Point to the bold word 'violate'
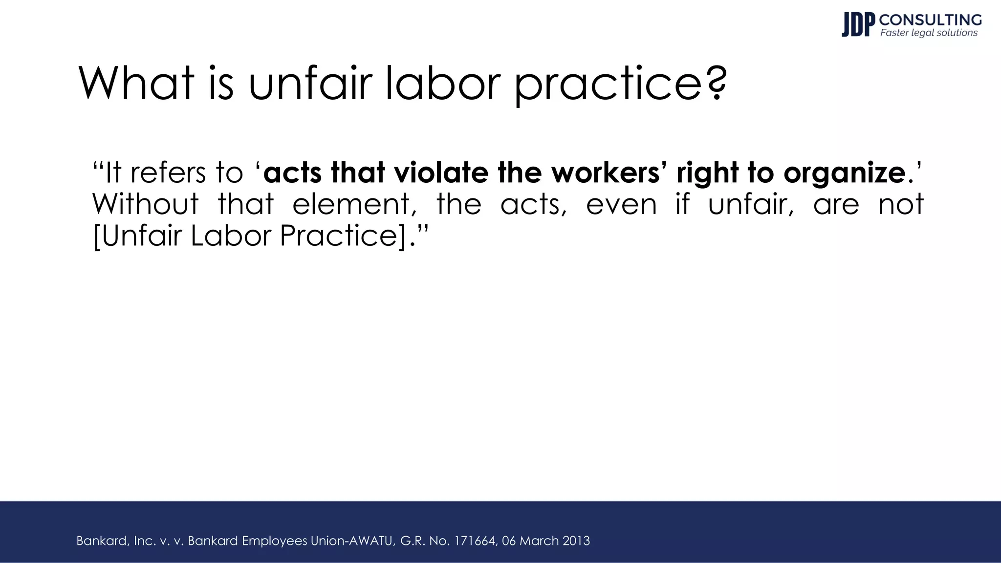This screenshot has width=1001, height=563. pyautogui.click(x=441, y=173)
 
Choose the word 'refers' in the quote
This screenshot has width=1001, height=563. pyautogui.click(x=168, y=173)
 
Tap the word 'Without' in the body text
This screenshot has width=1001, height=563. pyautogui.click(x=146, y=204)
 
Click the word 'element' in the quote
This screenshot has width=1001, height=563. pyautogui.click(x=354, y=204)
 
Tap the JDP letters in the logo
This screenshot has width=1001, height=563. pyautogui.click(x=858, y=25)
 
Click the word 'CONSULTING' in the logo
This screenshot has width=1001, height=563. pyautogui.click(x=930, y=20)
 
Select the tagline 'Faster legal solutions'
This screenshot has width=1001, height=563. pyautogui.click(x=929, y=33)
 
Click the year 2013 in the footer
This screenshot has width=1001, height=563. pyautogui.click(x=576, y=541)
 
